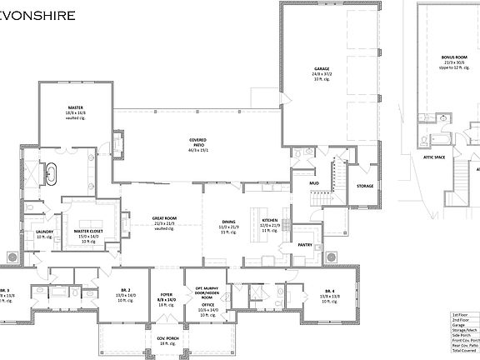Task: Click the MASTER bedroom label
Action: pyautogui.click(x=75, y=107)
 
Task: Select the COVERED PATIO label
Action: pyautogui.click(x=197, y=140)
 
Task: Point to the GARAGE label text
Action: pyautogui.click(x=322, y=68)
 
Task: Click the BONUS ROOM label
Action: pyautogui.click(x=454, y=57)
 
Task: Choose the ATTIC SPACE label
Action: pyautogui.click(x=435, y=157)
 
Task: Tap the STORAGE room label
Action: pyautogui.click(x=365, y=186)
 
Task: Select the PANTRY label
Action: pyautogui.click(x=305, y=245)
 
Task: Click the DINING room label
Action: pyautogui.click(x=228, y=221)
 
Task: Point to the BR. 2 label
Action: pyautogui.click(x=122, y=290)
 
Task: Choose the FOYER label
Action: pyautogui.click(x=167, y=293)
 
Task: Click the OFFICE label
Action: pyautogui.click(x=207, y=305)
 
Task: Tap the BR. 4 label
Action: pyautogui.click(x=330, y=290)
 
